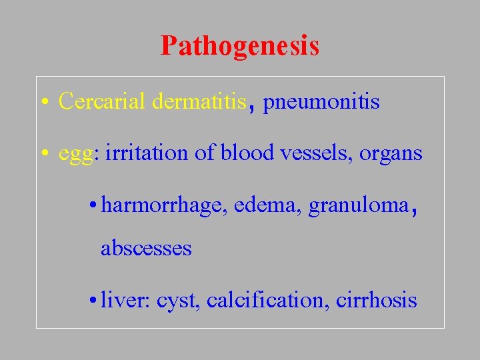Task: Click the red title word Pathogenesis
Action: (240, 46)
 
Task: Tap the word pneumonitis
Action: (322, 102)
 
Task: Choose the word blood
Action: (247, 153)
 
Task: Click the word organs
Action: (391, 154)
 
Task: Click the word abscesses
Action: (146, 249)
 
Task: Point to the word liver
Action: (126, 300)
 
